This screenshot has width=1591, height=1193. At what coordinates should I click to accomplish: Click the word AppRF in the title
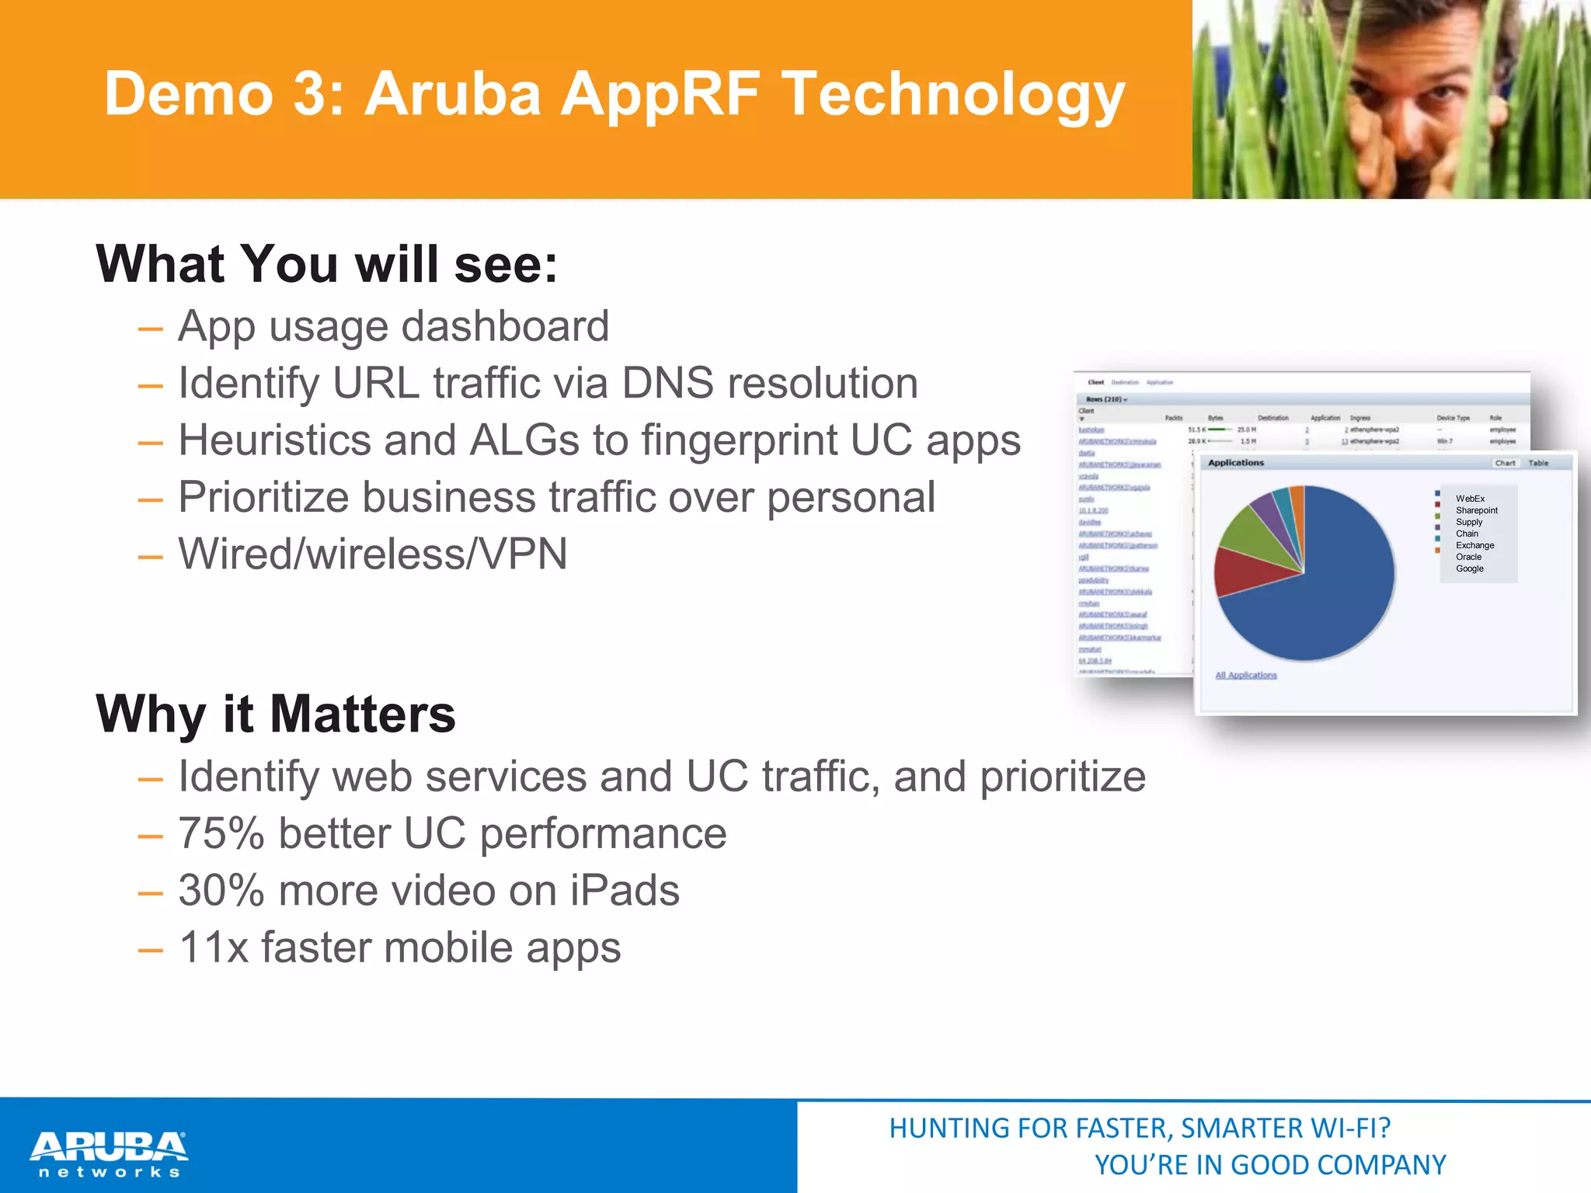[x=660, y=95]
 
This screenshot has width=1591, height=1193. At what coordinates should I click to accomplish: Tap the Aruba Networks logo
[x=109, y=1154]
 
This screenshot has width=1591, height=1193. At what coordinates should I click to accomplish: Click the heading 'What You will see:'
[x=326, y=264]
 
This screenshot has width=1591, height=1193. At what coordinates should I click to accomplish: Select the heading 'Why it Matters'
[x=276, y=714]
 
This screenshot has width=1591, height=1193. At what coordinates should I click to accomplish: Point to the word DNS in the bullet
[x=667, y=383]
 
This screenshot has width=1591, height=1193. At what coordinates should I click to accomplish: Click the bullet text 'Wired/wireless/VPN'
[x=373, y=554]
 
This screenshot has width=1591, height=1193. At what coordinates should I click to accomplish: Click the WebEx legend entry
[x=1470, y=499]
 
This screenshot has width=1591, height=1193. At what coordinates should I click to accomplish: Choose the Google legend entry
[x=1469, y=569]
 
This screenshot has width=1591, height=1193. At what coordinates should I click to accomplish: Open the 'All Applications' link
[x=1245, y=675]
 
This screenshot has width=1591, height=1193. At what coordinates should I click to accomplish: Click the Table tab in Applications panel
[x=1538, y=463]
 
